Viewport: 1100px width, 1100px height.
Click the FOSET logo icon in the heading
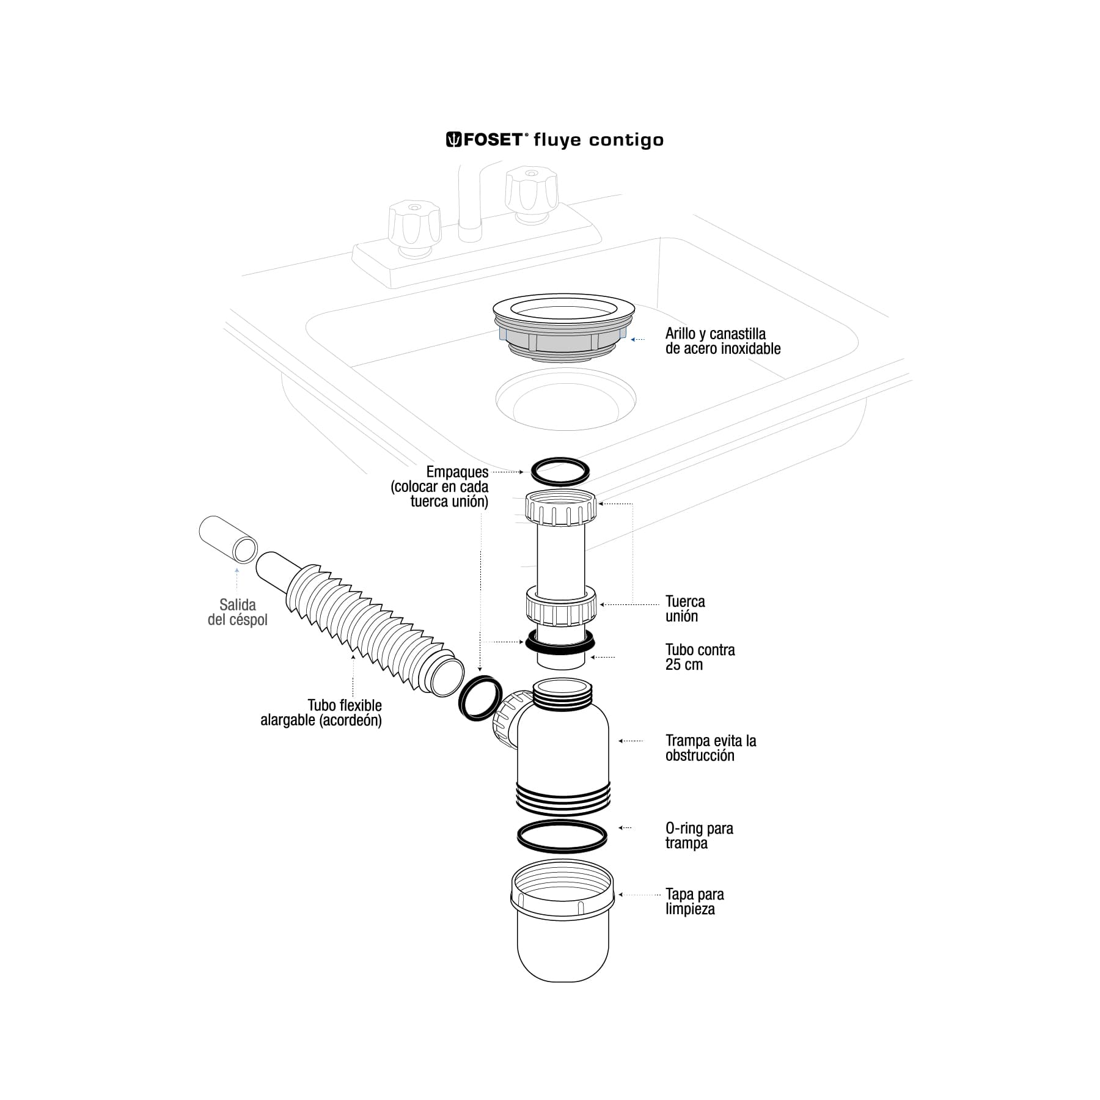click(453, 140)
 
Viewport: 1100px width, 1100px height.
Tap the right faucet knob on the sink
click(531, 190)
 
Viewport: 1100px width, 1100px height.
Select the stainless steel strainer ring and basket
click(563, 330)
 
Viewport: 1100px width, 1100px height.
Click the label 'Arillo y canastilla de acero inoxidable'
click(722, 341)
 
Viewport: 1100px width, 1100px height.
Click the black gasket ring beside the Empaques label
click(560, 471)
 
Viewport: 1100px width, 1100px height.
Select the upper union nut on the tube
click(560, 507)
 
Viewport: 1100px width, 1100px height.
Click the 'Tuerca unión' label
click(684, 609)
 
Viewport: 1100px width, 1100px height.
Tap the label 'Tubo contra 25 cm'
click(699, 657)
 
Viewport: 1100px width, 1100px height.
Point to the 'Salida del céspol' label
click(237, 612)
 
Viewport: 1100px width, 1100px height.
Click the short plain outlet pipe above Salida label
click(228, 539)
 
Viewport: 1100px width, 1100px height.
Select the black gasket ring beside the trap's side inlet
click(481, 698)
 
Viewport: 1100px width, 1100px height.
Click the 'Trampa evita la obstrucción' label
click(710, 748)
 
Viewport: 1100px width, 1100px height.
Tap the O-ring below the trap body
click(562, 836)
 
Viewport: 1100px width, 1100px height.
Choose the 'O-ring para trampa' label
click(698, 835)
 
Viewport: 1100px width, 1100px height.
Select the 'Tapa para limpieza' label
click(694, 901)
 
